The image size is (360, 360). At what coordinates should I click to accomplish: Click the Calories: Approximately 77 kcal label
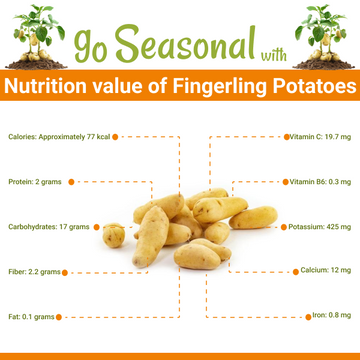(58, 135)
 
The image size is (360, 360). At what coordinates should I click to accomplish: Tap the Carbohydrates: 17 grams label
(47, 227)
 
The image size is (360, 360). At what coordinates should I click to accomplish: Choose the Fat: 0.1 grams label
(29, 316)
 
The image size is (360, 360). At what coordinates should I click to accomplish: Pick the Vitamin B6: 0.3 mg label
(321, 182)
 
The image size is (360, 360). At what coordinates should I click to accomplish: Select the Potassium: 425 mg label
(319, 227)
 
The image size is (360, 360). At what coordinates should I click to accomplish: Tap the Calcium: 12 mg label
(326, 271)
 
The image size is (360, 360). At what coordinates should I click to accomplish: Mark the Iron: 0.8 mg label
(331, 316)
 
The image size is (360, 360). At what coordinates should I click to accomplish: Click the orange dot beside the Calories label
(116, 135)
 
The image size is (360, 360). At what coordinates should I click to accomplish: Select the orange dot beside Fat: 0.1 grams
(59, 316)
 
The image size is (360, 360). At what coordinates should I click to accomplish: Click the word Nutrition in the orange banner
(50, 87)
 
